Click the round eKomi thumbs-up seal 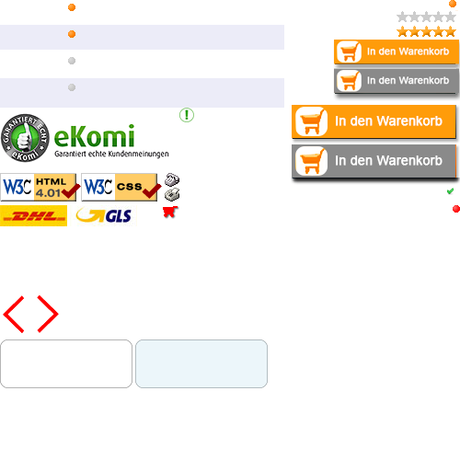(25, 138)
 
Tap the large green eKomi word (95, 136)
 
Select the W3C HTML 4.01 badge (40, 187)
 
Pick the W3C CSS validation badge (121, 187)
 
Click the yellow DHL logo (33, 216)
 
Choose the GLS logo (104, 215)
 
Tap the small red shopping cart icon (170, 212)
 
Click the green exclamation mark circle (187, 115)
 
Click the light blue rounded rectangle (201, 363)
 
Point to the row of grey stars (426, 17)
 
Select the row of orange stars (426, 31)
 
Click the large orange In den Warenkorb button (374, 121)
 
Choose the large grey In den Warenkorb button (374, 161)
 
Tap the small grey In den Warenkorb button (397, 81)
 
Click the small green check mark (450, 191)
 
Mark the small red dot (456, 209)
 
